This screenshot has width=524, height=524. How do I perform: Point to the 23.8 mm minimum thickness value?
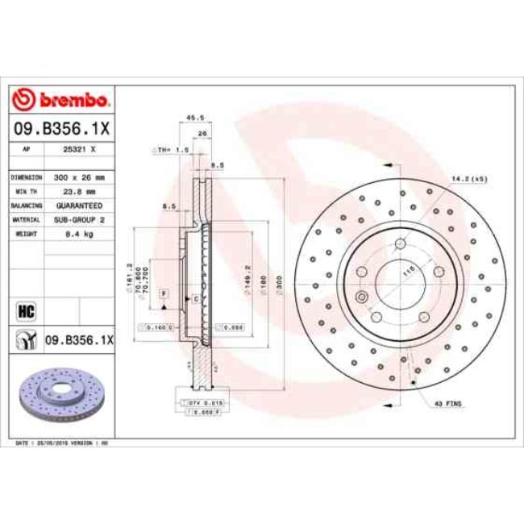[x=80, y=192]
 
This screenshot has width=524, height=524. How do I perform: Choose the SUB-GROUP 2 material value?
[x=80, y=219]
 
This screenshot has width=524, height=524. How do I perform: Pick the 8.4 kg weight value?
[x=80, y=233]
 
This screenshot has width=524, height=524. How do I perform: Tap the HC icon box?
[x=24, y=310]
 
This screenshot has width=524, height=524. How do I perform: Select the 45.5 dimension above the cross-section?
[x=194, y=118]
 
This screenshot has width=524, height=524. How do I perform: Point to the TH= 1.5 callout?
[x=171, y=151]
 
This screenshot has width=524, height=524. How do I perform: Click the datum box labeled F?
[x=164, y=292]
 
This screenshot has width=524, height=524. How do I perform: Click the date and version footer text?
[x=63, y=444]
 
